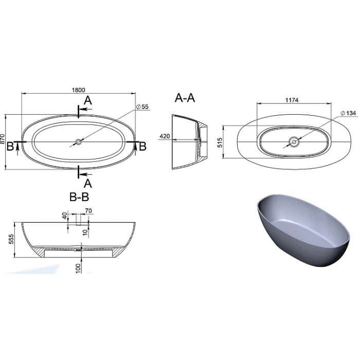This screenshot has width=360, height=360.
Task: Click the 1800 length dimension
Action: pyautogui.click(x=79, y=90)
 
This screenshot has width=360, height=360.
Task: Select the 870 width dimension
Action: pyautogui.click(x=3, y=139)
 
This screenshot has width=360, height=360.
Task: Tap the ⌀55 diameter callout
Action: pyautogui.click(x=142, y=107)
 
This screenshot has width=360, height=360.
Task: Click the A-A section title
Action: pyautogui.click(x=185, y=98)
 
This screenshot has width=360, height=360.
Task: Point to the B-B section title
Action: pyautogui.click(x=79, y=197)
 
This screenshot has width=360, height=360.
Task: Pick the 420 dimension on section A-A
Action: pyautogui.click(x=165, y=136)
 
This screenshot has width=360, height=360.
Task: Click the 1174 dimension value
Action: pyautogui.click(x=292, y=100)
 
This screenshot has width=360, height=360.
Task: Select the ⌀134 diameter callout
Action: pyautogui.click(x=348, y=113)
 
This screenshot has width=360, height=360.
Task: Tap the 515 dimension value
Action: pyautogui.click(x=220, y=142)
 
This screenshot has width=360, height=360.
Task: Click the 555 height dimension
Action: pyautogui.click(x=11, y=239)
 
